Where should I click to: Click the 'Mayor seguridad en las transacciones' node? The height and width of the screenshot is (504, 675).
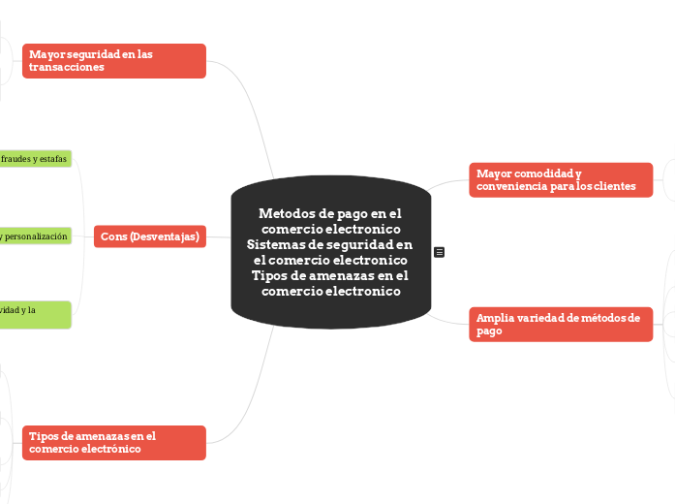point(113,61)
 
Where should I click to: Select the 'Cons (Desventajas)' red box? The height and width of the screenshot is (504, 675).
point(150,236)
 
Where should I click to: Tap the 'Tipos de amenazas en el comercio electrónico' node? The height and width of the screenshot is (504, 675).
point(113,443)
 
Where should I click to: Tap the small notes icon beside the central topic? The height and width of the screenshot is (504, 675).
point(440,252)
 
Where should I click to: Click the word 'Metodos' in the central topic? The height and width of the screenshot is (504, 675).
point(285,214)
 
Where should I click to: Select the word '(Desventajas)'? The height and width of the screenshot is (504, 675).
point(166,236)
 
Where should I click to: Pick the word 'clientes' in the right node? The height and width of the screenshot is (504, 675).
point(614,186)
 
